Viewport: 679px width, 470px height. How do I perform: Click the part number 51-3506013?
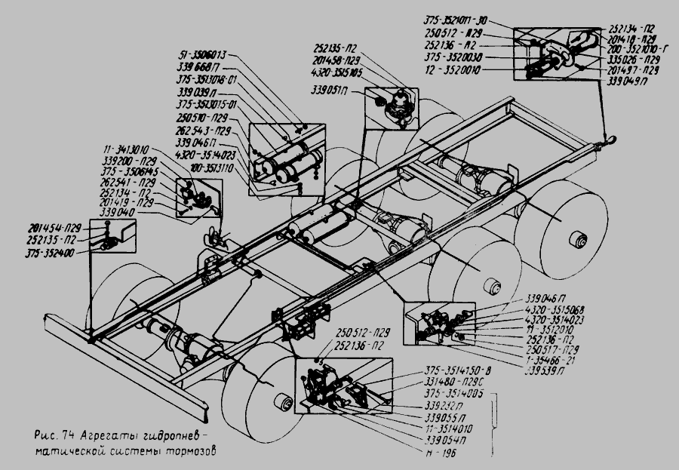(x=204, y=55)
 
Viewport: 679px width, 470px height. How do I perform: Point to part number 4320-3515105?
(x=336, y=72)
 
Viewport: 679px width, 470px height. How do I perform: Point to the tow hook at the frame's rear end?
(x=609, y=137)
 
